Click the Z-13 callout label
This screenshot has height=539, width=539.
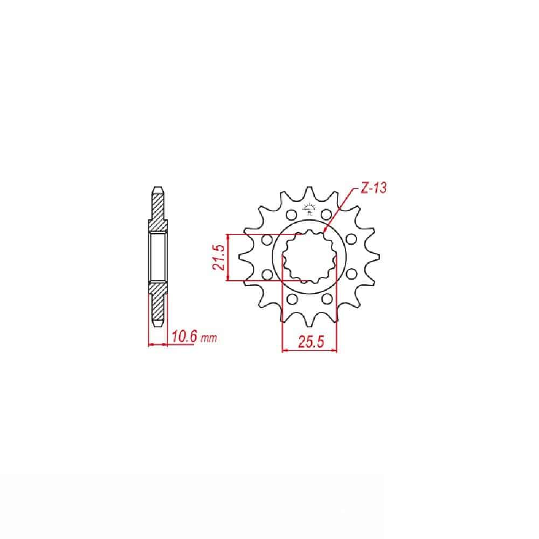(374, 188)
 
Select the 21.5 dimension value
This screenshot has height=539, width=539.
(219, 257)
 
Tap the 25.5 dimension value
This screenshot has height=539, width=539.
(311, 342)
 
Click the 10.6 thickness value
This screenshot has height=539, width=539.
(184, 336)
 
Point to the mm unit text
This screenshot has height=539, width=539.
(209, 338)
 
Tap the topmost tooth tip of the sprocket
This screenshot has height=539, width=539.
(309, 188)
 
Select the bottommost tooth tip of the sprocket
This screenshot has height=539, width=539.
(309, 326)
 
